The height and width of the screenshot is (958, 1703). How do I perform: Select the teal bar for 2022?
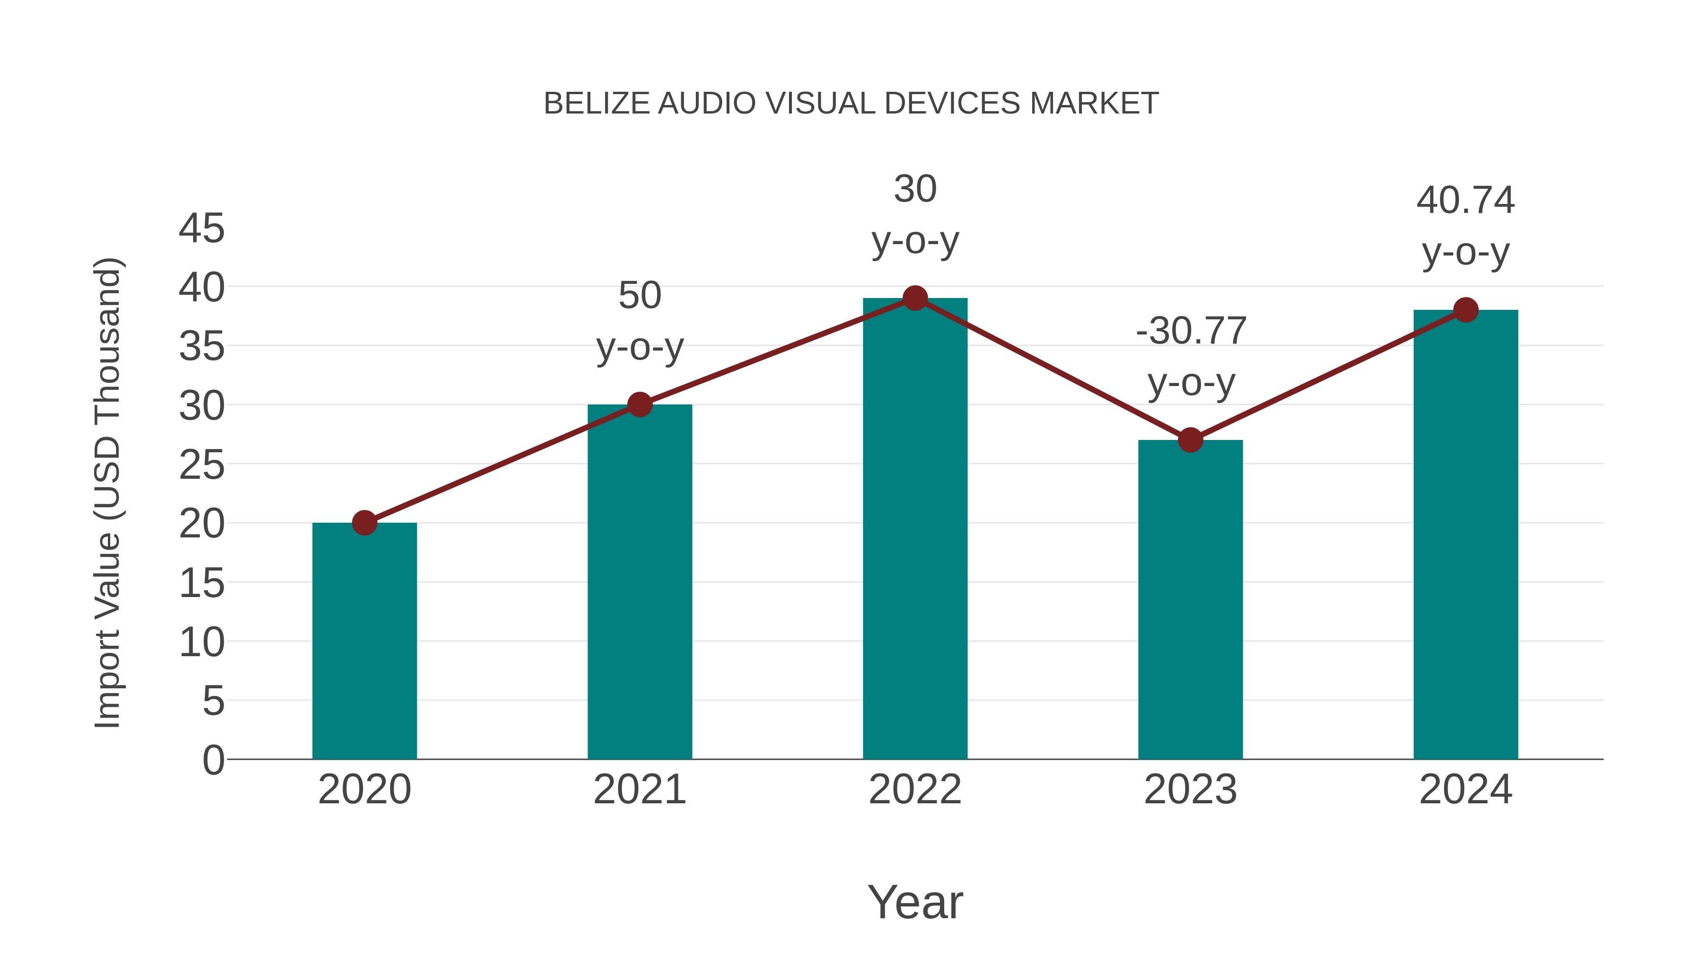[x=915, y=529]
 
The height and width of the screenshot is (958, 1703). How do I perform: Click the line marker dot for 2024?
[x=1466, y=309]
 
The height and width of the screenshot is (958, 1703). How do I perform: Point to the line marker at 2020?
[x=364, y=523]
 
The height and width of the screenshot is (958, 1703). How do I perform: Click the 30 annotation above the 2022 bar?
[x=915, y=189]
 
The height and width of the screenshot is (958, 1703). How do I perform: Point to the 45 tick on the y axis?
[x=202, y=229]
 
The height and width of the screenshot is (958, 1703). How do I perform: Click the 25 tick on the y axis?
[x=202, y=466]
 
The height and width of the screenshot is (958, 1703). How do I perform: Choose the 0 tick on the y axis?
[x=213, y=760]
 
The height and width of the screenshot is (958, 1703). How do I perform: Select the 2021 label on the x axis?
[x=639, y=790]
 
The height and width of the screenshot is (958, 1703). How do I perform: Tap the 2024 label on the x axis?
[x=1465, y=790]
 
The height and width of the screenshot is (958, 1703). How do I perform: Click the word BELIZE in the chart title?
[x=597, y=104]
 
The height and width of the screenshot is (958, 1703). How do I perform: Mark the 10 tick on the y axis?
[x=202, y=642]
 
